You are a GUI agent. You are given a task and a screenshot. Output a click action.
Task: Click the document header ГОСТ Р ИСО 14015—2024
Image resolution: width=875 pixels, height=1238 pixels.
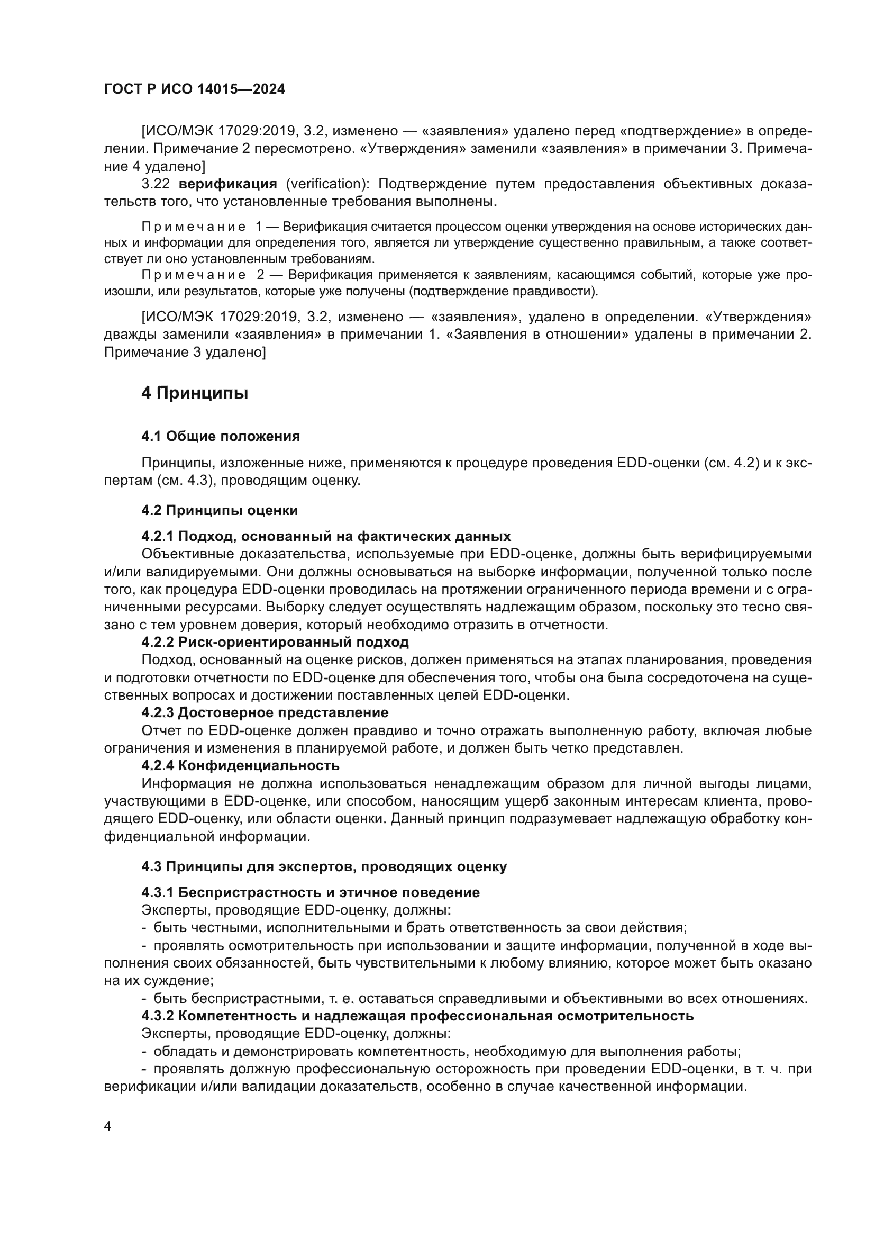point(195,89)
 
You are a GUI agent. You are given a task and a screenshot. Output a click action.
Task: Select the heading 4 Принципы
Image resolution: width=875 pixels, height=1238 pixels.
point(195,393)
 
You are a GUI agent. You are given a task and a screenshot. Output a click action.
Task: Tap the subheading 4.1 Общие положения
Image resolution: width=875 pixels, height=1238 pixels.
point(221,436)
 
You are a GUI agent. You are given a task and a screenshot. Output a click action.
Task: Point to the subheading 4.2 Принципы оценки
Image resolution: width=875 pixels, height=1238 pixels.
point(220,510)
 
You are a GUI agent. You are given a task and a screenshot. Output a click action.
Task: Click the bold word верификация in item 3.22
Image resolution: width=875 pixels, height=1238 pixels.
point(228,184)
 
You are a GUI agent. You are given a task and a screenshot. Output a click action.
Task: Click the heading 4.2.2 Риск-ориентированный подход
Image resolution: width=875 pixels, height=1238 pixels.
point(275,642)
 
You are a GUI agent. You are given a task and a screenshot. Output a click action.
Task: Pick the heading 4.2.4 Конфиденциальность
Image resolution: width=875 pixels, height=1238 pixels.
point(240,765)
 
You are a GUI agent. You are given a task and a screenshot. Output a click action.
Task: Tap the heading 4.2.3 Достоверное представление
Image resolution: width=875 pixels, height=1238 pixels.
point(265,712)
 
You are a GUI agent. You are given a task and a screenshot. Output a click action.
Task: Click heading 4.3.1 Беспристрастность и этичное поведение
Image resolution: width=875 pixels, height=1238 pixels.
point(311,892)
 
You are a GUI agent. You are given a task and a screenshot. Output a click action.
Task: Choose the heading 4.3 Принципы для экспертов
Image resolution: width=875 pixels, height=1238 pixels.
point(324,866)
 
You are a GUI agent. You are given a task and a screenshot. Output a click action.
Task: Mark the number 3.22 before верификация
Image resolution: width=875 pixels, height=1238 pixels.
point(155,184)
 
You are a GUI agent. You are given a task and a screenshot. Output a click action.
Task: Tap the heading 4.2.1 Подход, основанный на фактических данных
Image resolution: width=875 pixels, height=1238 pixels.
point(326,536)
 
